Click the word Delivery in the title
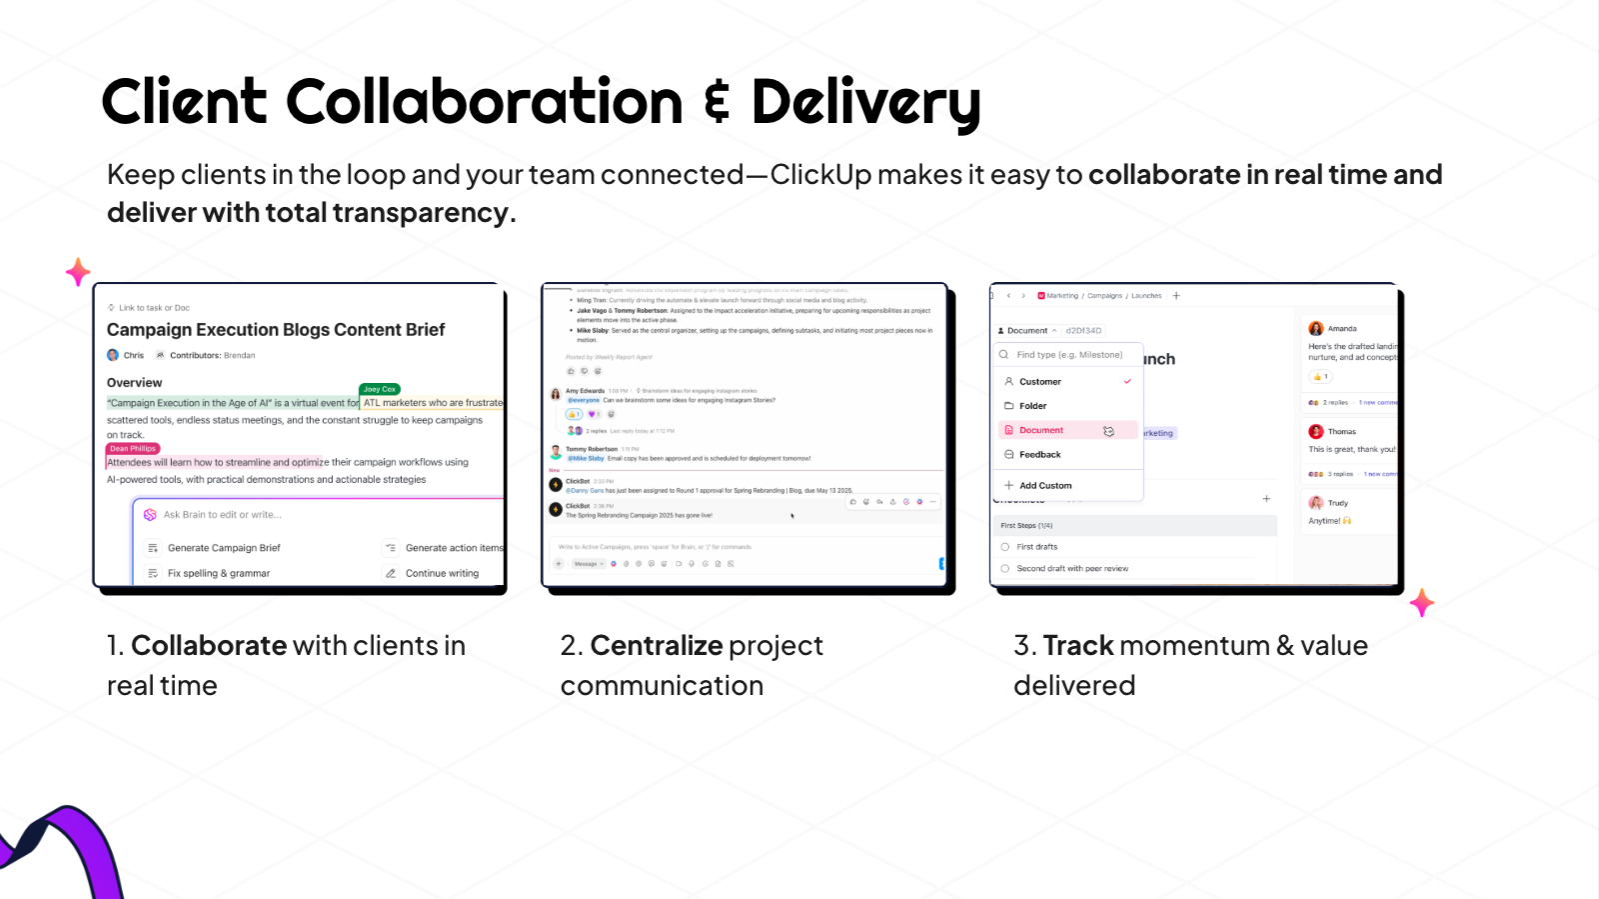point(865,103)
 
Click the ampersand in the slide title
point(717,103)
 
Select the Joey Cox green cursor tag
point(380,389)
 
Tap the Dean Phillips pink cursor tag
point(133,448)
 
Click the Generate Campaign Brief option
point(224,548)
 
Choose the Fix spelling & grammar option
point(218,574)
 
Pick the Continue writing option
point(442,574)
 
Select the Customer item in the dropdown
point(1040,382)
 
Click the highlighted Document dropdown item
point(1041,430)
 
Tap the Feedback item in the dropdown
point(1040,455)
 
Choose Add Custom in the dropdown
point(1045,486)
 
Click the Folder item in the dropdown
point(1033,406)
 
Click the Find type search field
point(1069,355)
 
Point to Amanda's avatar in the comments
point(1316,328)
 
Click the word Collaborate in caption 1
point(209,646)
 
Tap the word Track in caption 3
point(1078,646)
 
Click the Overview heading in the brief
point(135,383)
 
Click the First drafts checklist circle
point(1005,547)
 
